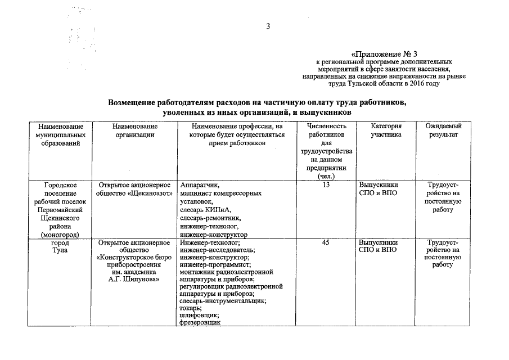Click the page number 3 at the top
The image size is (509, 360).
[x=268, y=26]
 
